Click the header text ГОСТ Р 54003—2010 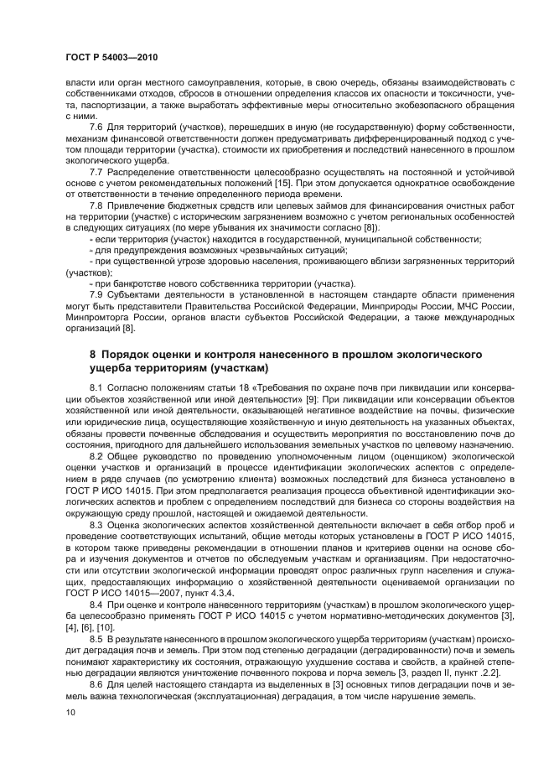click(111, 57)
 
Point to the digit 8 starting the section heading click(94, 355)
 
